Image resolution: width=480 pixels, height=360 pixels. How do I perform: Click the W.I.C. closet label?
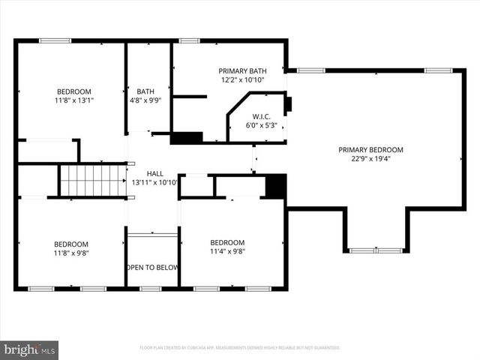tap(261, 116)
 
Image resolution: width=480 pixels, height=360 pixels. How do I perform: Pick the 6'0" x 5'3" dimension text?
tap(261, 125)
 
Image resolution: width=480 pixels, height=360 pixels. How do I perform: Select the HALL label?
tap(154, 172)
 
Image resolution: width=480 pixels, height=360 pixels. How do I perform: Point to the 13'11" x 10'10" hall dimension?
tap(154, 181)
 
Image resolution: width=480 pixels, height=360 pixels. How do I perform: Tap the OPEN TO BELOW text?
tap(152, 267)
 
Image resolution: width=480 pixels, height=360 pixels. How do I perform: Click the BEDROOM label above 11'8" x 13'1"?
tap(70, 91)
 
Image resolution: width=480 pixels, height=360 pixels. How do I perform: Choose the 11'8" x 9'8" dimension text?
tap(70, 253)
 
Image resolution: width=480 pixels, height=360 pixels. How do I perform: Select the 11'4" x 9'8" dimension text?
tap(227, 251)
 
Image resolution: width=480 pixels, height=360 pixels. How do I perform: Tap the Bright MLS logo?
tap(30, 349)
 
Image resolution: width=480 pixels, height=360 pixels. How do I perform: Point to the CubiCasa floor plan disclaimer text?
tap(240, 348)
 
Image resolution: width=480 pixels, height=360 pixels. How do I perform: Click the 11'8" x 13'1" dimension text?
tap(70, 100)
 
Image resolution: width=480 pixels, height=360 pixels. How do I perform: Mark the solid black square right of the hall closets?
tap(276, 185)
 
